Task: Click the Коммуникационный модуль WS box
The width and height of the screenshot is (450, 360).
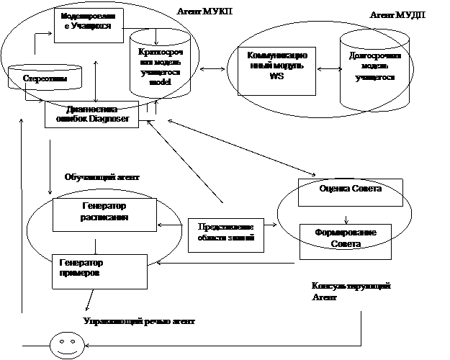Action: [277, 69]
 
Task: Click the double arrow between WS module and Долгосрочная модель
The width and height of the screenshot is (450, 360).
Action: [328, 70]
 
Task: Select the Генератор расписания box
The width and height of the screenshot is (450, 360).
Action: [104, 214]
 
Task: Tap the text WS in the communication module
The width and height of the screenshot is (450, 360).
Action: [277, 78]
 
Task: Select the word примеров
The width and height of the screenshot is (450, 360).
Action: [80, 274]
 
